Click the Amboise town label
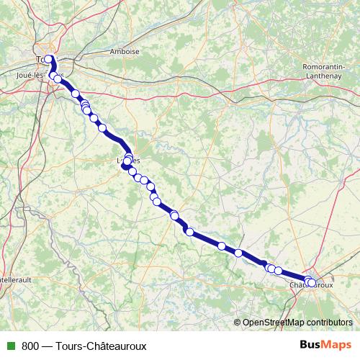point(124,52)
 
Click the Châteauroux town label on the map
point(312,285)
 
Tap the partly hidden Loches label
point(128,160)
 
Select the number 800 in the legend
point(30,346)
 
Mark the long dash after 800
point(47,346)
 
